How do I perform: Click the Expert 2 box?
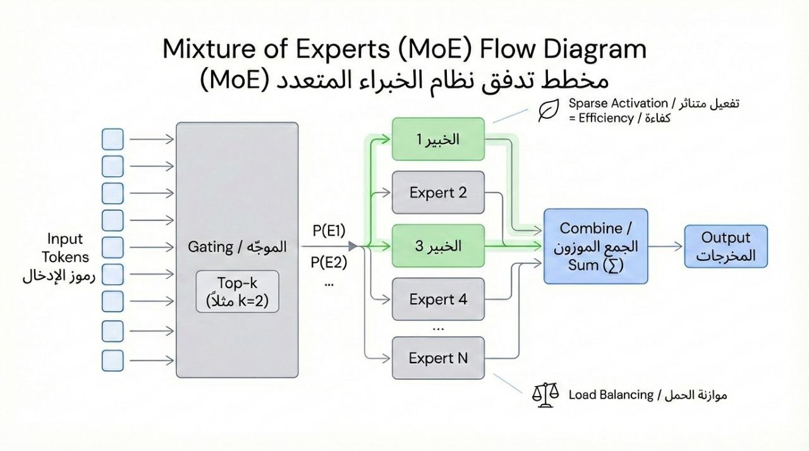(x=438, y=193)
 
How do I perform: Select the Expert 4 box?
(x=438, y=299)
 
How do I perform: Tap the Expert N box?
(x=438, y=358)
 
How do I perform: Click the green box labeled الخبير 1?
(x=438, y=140)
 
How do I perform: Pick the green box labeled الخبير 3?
(x=438, y=246)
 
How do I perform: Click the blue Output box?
(x=726, y=246)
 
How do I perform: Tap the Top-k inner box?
(x=238, y=292)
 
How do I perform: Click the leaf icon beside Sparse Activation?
(x=547, y=111)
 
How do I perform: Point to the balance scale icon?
(x=545, y=395)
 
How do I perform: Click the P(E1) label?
(x=329, y=231)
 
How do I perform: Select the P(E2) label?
(x=329, y=262)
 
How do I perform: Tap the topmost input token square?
(x=113, y=139)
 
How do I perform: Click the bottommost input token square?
(x=113, y=360)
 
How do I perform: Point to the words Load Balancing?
(x=611, y=395)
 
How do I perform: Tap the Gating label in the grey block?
(x=210, y=246)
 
